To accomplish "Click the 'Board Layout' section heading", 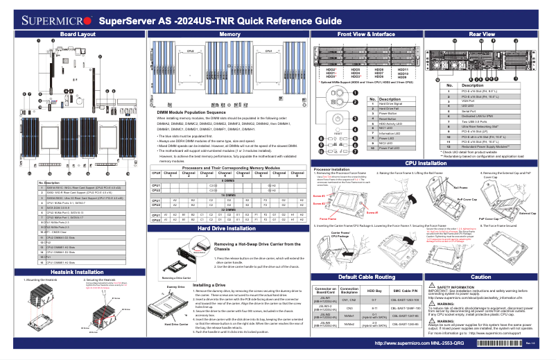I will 78,34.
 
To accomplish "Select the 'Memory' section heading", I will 230,34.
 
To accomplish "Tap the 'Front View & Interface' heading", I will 366,34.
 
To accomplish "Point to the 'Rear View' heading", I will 482,34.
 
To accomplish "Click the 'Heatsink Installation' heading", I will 78,273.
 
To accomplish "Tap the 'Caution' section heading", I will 481,276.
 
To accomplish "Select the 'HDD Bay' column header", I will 374,289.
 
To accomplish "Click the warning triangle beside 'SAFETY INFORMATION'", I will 432,286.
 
